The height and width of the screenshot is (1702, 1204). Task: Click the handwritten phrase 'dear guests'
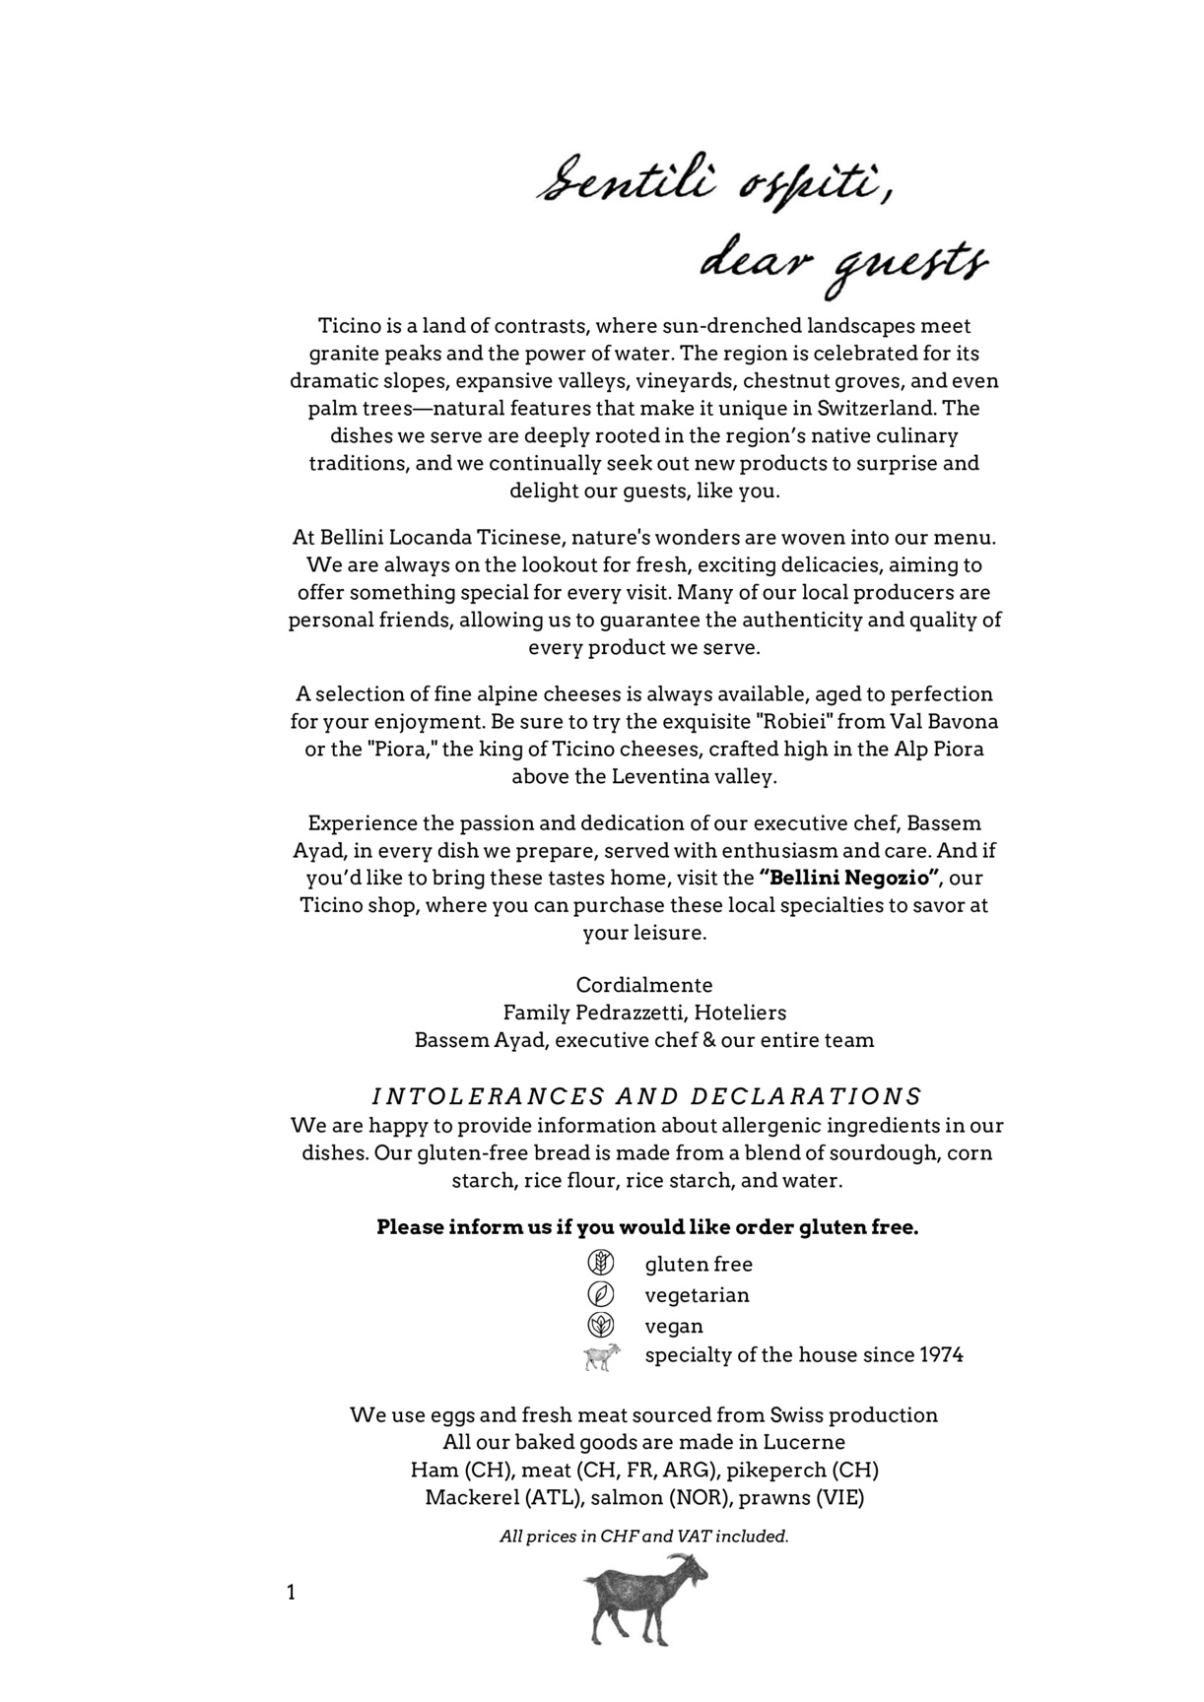(842, 264)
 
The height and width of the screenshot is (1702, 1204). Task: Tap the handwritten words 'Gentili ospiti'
(717, 185)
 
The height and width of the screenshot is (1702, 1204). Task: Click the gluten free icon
(600, 1263)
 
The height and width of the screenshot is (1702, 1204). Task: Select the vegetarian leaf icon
(600, 1294)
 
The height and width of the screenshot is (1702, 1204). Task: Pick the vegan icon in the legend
(600, 1325)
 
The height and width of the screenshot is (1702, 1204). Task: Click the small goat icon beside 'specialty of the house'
(601, 1356)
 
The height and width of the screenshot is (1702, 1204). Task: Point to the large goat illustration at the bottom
(645, 1598)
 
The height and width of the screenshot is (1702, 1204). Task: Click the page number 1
(291, 1592)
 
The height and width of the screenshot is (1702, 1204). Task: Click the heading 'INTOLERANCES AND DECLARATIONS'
(646, 1096)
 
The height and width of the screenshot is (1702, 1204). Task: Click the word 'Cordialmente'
(644, 985)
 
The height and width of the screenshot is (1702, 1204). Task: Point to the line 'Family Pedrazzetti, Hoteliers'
(644, 1013)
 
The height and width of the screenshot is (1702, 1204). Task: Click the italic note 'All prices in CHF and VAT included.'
(644, 1536)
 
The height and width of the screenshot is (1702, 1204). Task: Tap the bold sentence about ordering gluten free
(647, 1227)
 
